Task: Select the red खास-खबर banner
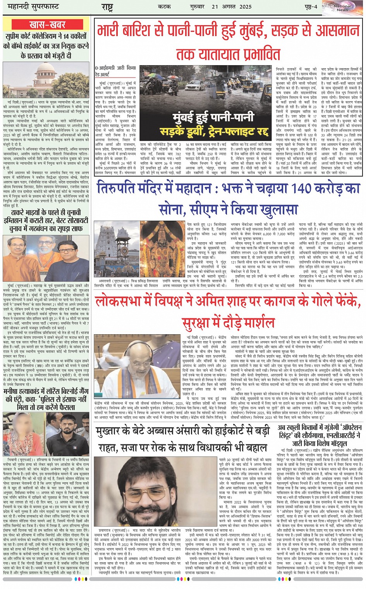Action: click(x=47, y=25)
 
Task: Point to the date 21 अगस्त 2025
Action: click(x=231, y=7)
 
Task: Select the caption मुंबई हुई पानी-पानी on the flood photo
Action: click(x=214, y=117)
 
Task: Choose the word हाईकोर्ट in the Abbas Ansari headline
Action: click(x=229, y=432)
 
